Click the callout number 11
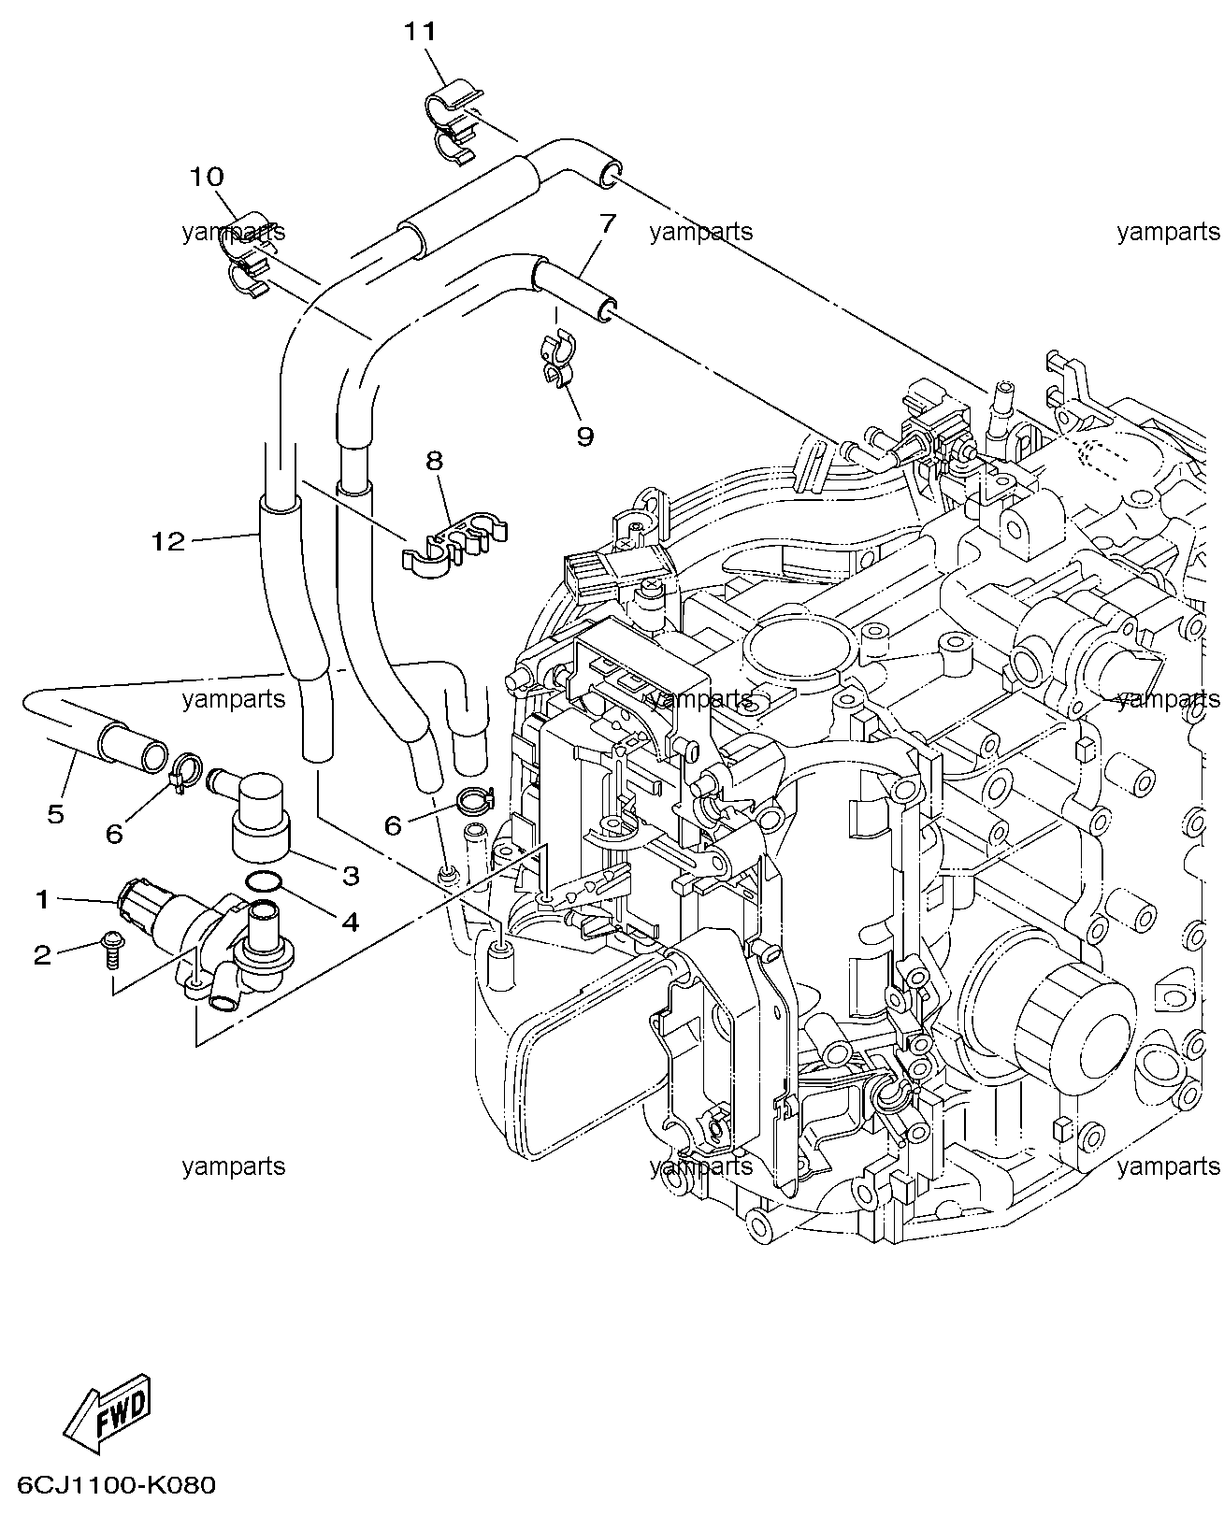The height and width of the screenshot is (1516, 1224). tap(420, 32)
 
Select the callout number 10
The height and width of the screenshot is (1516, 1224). tap(208, 177)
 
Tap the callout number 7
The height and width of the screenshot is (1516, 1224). tap(607, 223)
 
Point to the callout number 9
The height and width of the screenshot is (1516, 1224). tap(584, 436)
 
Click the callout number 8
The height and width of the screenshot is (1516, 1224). tap(435, 461)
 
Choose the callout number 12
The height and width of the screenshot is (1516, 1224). tap(168, 542)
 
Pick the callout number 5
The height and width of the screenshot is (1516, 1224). tap(55, 813)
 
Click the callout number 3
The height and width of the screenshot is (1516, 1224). tap(351, 876)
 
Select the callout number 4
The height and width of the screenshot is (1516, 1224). tap(351, 922)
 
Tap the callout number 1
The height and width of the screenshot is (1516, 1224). tap(43, 900)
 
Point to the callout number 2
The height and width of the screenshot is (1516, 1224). tap(43, 955)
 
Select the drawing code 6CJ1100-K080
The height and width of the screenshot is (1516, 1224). tap(116, 1485)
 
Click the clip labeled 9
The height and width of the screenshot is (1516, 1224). tap(560, 360)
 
